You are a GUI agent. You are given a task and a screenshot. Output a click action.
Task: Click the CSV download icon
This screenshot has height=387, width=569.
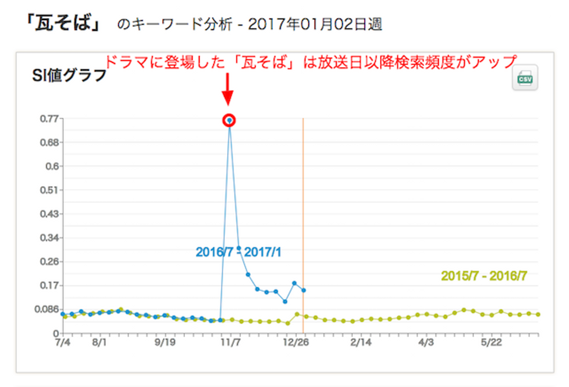525,77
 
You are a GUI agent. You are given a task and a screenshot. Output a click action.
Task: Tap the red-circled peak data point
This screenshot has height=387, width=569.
229,120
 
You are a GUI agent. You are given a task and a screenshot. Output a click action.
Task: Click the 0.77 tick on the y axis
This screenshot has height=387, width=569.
49,119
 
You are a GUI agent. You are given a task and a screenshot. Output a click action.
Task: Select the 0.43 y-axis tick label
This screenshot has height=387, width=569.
49,214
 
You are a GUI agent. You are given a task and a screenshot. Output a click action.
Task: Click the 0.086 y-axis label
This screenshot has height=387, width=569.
46,309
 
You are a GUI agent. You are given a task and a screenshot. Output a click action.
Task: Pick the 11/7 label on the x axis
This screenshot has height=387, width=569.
230,342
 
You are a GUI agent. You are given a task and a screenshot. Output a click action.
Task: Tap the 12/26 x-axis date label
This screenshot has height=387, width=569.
296,342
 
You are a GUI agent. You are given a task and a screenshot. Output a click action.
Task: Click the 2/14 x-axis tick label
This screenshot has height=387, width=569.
361,342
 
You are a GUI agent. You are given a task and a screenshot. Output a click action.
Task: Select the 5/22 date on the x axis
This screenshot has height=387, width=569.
491,342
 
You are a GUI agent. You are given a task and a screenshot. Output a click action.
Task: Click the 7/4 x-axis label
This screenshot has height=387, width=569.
63,342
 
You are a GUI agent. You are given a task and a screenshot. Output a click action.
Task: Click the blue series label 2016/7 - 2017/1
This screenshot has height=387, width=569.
238,252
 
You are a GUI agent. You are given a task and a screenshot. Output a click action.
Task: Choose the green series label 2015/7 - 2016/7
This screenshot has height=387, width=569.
484,276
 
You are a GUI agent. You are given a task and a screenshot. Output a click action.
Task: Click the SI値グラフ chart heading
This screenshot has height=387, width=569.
69,75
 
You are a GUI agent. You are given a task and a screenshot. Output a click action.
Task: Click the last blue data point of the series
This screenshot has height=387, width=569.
303,291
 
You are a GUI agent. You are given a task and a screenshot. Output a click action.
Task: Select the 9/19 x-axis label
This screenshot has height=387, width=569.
165,342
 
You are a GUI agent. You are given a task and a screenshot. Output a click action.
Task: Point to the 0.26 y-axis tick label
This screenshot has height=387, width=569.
49,262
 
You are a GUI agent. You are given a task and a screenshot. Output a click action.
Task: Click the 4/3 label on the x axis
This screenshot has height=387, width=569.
426,342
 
